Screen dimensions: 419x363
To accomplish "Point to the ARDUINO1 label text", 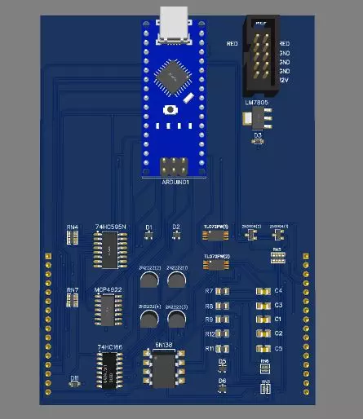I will click(175, 183).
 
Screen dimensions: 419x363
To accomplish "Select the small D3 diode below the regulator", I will click(258, 141).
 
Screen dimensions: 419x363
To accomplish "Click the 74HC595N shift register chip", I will click(108, 249).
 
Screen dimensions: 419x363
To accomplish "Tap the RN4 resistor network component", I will click(73, 237).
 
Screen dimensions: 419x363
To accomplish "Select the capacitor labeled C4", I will click(263, 291).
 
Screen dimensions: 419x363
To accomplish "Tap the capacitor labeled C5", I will click(263, 348).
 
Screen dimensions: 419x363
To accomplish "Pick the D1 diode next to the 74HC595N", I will click(148, 235).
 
